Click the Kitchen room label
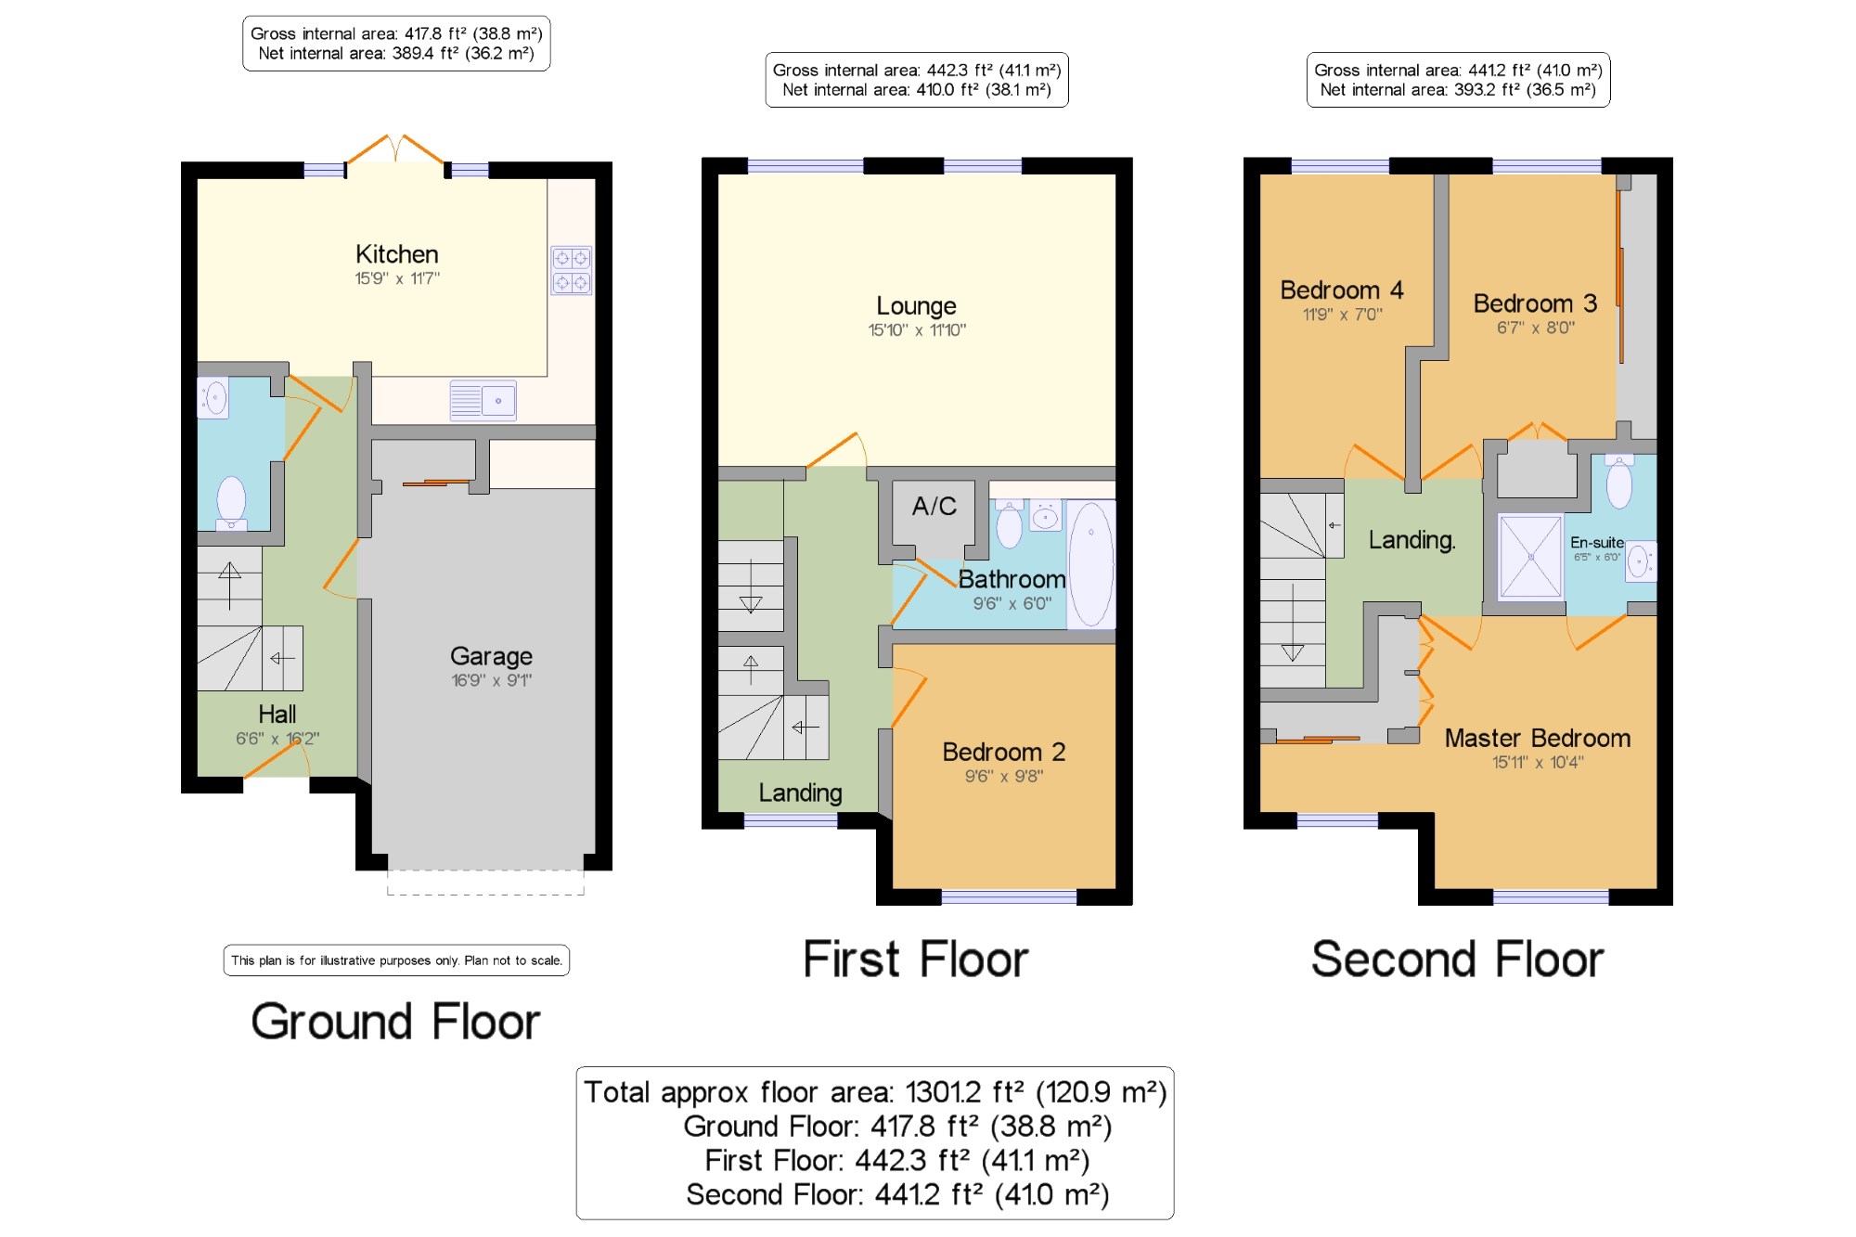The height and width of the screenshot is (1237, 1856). tap(396, 254)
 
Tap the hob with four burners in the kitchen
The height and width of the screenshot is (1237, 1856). tap(571, 270)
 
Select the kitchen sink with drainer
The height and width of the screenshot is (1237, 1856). tap(483, 401)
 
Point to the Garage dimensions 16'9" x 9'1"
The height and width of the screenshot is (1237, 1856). tap(491, 680)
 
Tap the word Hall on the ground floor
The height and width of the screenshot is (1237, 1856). tap(277, 714)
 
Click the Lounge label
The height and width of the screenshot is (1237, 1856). tap(916, 306)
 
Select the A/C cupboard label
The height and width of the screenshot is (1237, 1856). tap(934, 506)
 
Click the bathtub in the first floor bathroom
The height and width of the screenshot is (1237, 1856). tap(1090, 565)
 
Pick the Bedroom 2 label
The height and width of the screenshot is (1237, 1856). tap(1003, 752)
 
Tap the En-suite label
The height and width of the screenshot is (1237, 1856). tap(1596, 543)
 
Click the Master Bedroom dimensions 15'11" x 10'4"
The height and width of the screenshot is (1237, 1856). tap(1538, 763)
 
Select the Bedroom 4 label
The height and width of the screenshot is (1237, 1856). tap(1341, 290)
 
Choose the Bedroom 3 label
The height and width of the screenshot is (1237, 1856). tap(1535, 303)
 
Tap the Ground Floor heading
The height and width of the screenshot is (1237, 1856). tap(395, 1022)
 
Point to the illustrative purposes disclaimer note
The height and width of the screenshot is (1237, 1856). tap(396, 960)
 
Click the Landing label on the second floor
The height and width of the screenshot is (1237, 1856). tap(1411, 540)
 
